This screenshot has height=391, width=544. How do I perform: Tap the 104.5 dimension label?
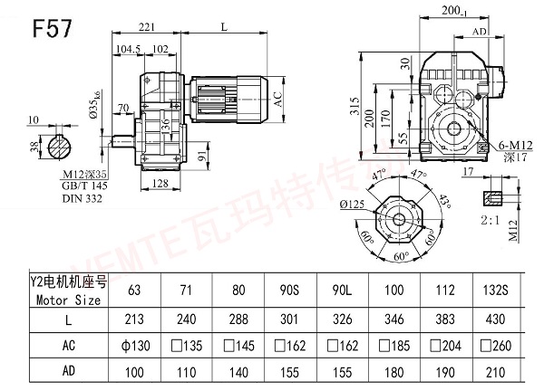(128, 49)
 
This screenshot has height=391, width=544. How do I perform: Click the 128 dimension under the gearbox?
(160, 185)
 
